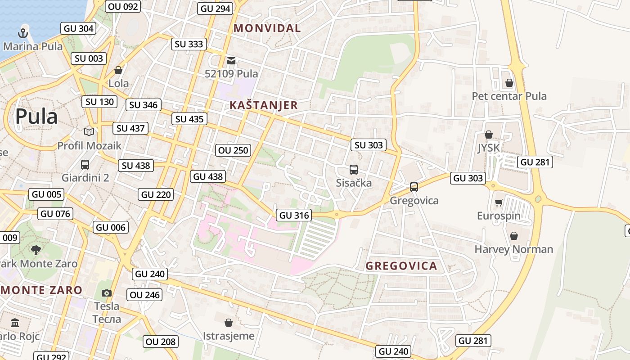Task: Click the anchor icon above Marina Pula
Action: pos(22,33)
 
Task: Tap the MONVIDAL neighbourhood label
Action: pos(267,28)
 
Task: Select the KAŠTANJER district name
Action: pos(263,105)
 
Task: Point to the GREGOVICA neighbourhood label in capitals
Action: pos(401,266)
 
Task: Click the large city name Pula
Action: pos(36,117)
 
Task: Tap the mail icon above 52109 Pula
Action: pos(231,60)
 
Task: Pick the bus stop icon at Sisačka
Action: pos(354,170)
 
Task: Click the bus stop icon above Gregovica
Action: pos(414,187)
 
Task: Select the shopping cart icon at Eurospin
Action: pos(499,203)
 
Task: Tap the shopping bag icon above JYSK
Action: pos(489,135)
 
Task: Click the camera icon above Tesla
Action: pos(107,293)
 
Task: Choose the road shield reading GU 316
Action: pos(295,215)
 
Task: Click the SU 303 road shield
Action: pos(369,145)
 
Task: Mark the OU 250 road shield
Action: pos(233,150)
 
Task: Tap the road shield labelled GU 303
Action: pos(468,178)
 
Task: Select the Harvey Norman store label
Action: pos(514,249)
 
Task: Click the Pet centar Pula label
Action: pos(509,96)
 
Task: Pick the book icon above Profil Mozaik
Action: pos(89,132)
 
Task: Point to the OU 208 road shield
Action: pos(161,342)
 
